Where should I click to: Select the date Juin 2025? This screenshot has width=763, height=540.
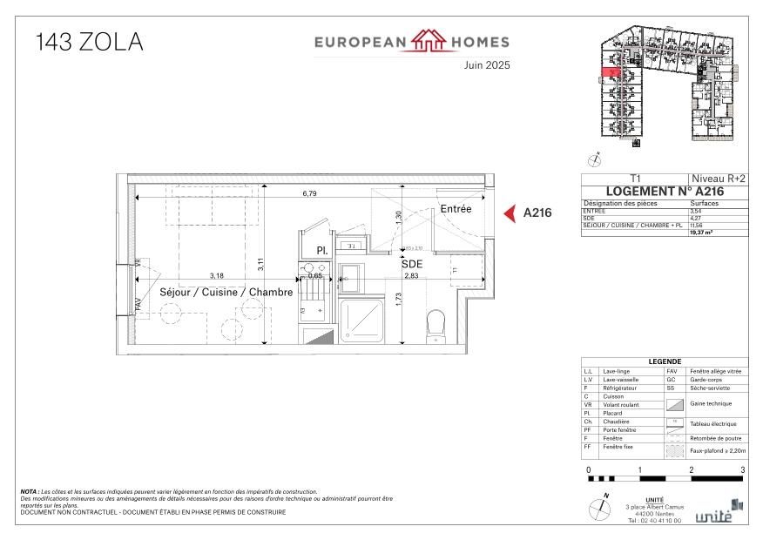(486, 64)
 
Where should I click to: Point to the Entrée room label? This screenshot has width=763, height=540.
(456, 209)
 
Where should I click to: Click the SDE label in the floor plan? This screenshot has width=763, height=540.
(411, 263)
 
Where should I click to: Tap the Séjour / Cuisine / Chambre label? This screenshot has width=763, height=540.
(226, 292)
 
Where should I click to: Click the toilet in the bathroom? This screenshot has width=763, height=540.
(437, 327)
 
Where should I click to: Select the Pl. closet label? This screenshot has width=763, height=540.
(321, 250)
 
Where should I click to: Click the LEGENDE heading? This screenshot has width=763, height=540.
(665, 362)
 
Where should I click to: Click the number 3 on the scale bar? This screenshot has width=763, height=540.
(742, 469)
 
